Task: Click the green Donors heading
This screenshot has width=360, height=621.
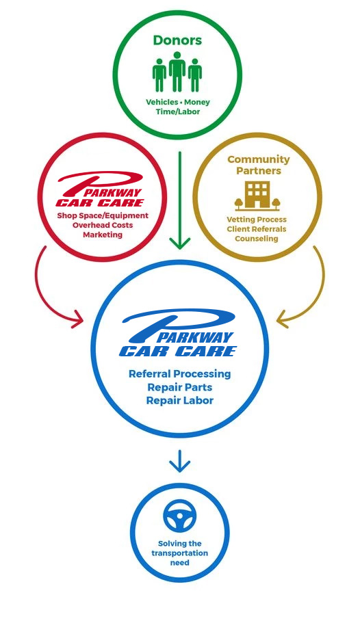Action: tap(177, 40)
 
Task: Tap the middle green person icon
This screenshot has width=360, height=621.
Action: tap(177, 72)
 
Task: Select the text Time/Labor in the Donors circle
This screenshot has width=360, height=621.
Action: tap(178, 111)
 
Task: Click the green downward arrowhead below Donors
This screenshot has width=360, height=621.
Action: tap(179, 243)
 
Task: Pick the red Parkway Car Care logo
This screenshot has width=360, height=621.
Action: tap(101, 189)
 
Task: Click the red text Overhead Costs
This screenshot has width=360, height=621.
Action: tap(103, 225)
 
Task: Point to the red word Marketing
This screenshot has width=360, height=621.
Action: tap(103, 235)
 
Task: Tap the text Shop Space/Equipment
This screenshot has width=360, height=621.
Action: tap(103, 216)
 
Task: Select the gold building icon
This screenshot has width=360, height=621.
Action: tap(257, 196)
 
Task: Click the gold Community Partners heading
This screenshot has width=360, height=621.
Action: tap(259, 165)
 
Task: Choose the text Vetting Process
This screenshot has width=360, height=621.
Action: tap(257, 220)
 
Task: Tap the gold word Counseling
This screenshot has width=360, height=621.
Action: tap(257, 239)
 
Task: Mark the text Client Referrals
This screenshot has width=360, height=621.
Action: tap(257, 229)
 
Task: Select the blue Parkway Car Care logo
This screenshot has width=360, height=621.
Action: tap(178, 332)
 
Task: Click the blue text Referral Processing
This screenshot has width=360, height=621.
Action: tap(179, 374)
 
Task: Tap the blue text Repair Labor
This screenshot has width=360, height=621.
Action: tap(179, 400)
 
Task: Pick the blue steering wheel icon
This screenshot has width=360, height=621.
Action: tap(179, 516)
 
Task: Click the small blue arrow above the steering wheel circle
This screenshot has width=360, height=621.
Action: tap(179, 461)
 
